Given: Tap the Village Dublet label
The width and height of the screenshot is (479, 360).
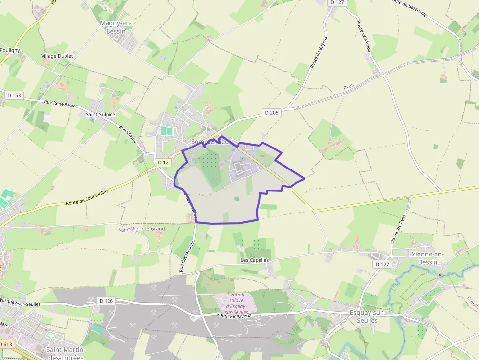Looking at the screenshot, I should [x=57, y=56].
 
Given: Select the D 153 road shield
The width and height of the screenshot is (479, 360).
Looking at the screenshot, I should [x=14, y=95].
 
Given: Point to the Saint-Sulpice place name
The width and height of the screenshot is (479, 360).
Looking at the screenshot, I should [x=101, y=114].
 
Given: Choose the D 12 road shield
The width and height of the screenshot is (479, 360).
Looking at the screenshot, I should [x=163, y=162].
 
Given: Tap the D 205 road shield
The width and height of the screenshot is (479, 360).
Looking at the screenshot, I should [x=272, y=113].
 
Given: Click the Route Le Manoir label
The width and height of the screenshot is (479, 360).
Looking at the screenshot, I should [x=364, y=37].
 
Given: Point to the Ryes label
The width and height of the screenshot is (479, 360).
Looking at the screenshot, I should [x=348, y=86].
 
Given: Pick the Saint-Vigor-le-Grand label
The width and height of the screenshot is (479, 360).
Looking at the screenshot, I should [x=142, y=229].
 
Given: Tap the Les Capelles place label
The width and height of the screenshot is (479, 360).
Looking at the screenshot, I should [x=255, y=260].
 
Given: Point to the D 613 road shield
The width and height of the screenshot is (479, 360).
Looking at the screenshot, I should [x=6, y=344].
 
